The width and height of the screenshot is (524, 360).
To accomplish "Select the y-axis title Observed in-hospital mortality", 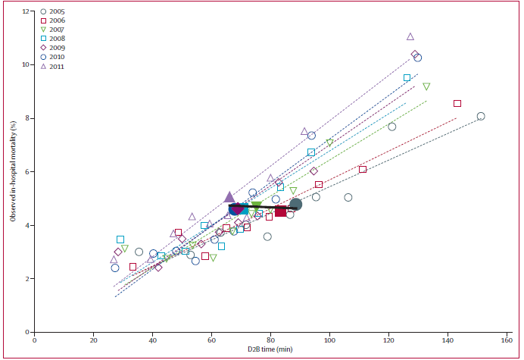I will (x=13, y=171).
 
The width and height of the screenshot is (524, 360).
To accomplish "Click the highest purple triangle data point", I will (x=410, y=36).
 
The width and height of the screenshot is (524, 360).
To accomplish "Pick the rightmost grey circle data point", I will (x=481, y=116).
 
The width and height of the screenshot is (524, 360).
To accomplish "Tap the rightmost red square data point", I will (x=457, y=103).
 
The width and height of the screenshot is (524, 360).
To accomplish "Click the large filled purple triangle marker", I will (x=230, y=197).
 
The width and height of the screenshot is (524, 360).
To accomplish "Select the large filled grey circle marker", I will (x=295, y=204).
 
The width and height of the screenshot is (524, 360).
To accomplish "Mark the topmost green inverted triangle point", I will (x=426, y=86).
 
